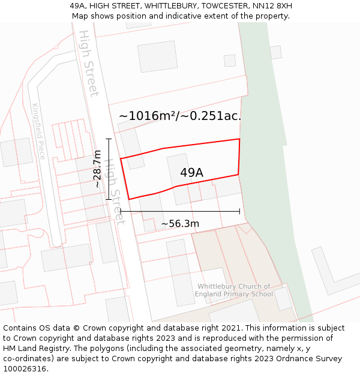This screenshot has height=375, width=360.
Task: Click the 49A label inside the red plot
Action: [191, 173]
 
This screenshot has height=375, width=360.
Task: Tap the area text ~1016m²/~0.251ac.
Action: [180, 116]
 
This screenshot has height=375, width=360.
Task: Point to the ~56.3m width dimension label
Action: [180, 224]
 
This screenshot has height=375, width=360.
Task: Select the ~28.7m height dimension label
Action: [97, 169]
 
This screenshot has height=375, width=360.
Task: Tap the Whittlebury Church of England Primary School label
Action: [234, 290]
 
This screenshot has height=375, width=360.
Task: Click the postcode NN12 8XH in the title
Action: [272, 6]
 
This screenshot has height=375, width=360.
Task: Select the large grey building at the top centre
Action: [157, 56]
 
